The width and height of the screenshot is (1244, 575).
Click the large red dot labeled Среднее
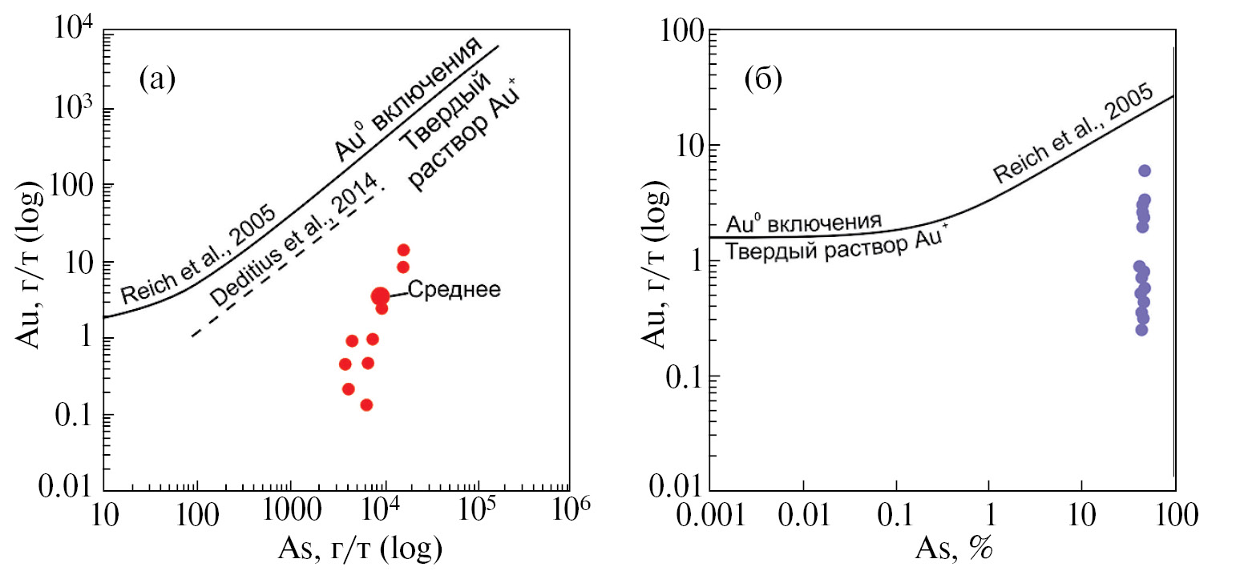pos(380,296)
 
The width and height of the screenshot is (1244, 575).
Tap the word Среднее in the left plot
pos(454,289)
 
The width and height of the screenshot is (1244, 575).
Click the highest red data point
pos(403,250)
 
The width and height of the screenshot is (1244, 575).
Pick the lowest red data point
pos(366,404)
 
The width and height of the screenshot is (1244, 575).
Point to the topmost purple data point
pos(1145,171)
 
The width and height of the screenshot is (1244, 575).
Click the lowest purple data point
pos(1141,329)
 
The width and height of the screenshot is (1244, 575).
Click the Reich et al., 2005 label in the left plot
pos(199,256)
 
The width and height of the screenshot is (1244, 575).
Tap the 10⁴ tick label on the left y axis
pos(73,34)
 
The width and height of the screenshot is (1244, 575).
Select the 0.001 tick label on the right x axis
pos(712,513)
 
